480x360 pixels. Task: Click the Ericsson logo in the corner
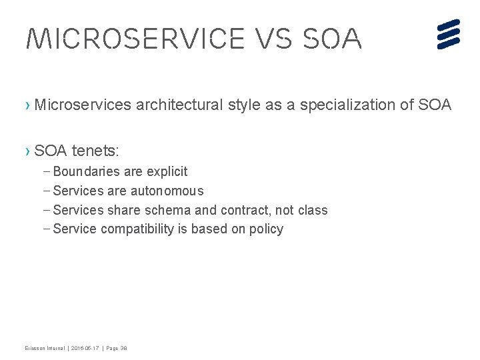(x=449, y=34)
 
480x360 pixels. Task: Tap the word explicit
(x=167, y=172)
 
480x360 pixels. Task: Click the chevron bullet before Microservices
(x=27, y=105)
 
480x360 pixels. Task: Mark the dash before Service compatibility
(x=45, y=229)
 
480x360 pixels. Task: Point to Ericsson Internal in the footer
(x=43, y=349)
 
